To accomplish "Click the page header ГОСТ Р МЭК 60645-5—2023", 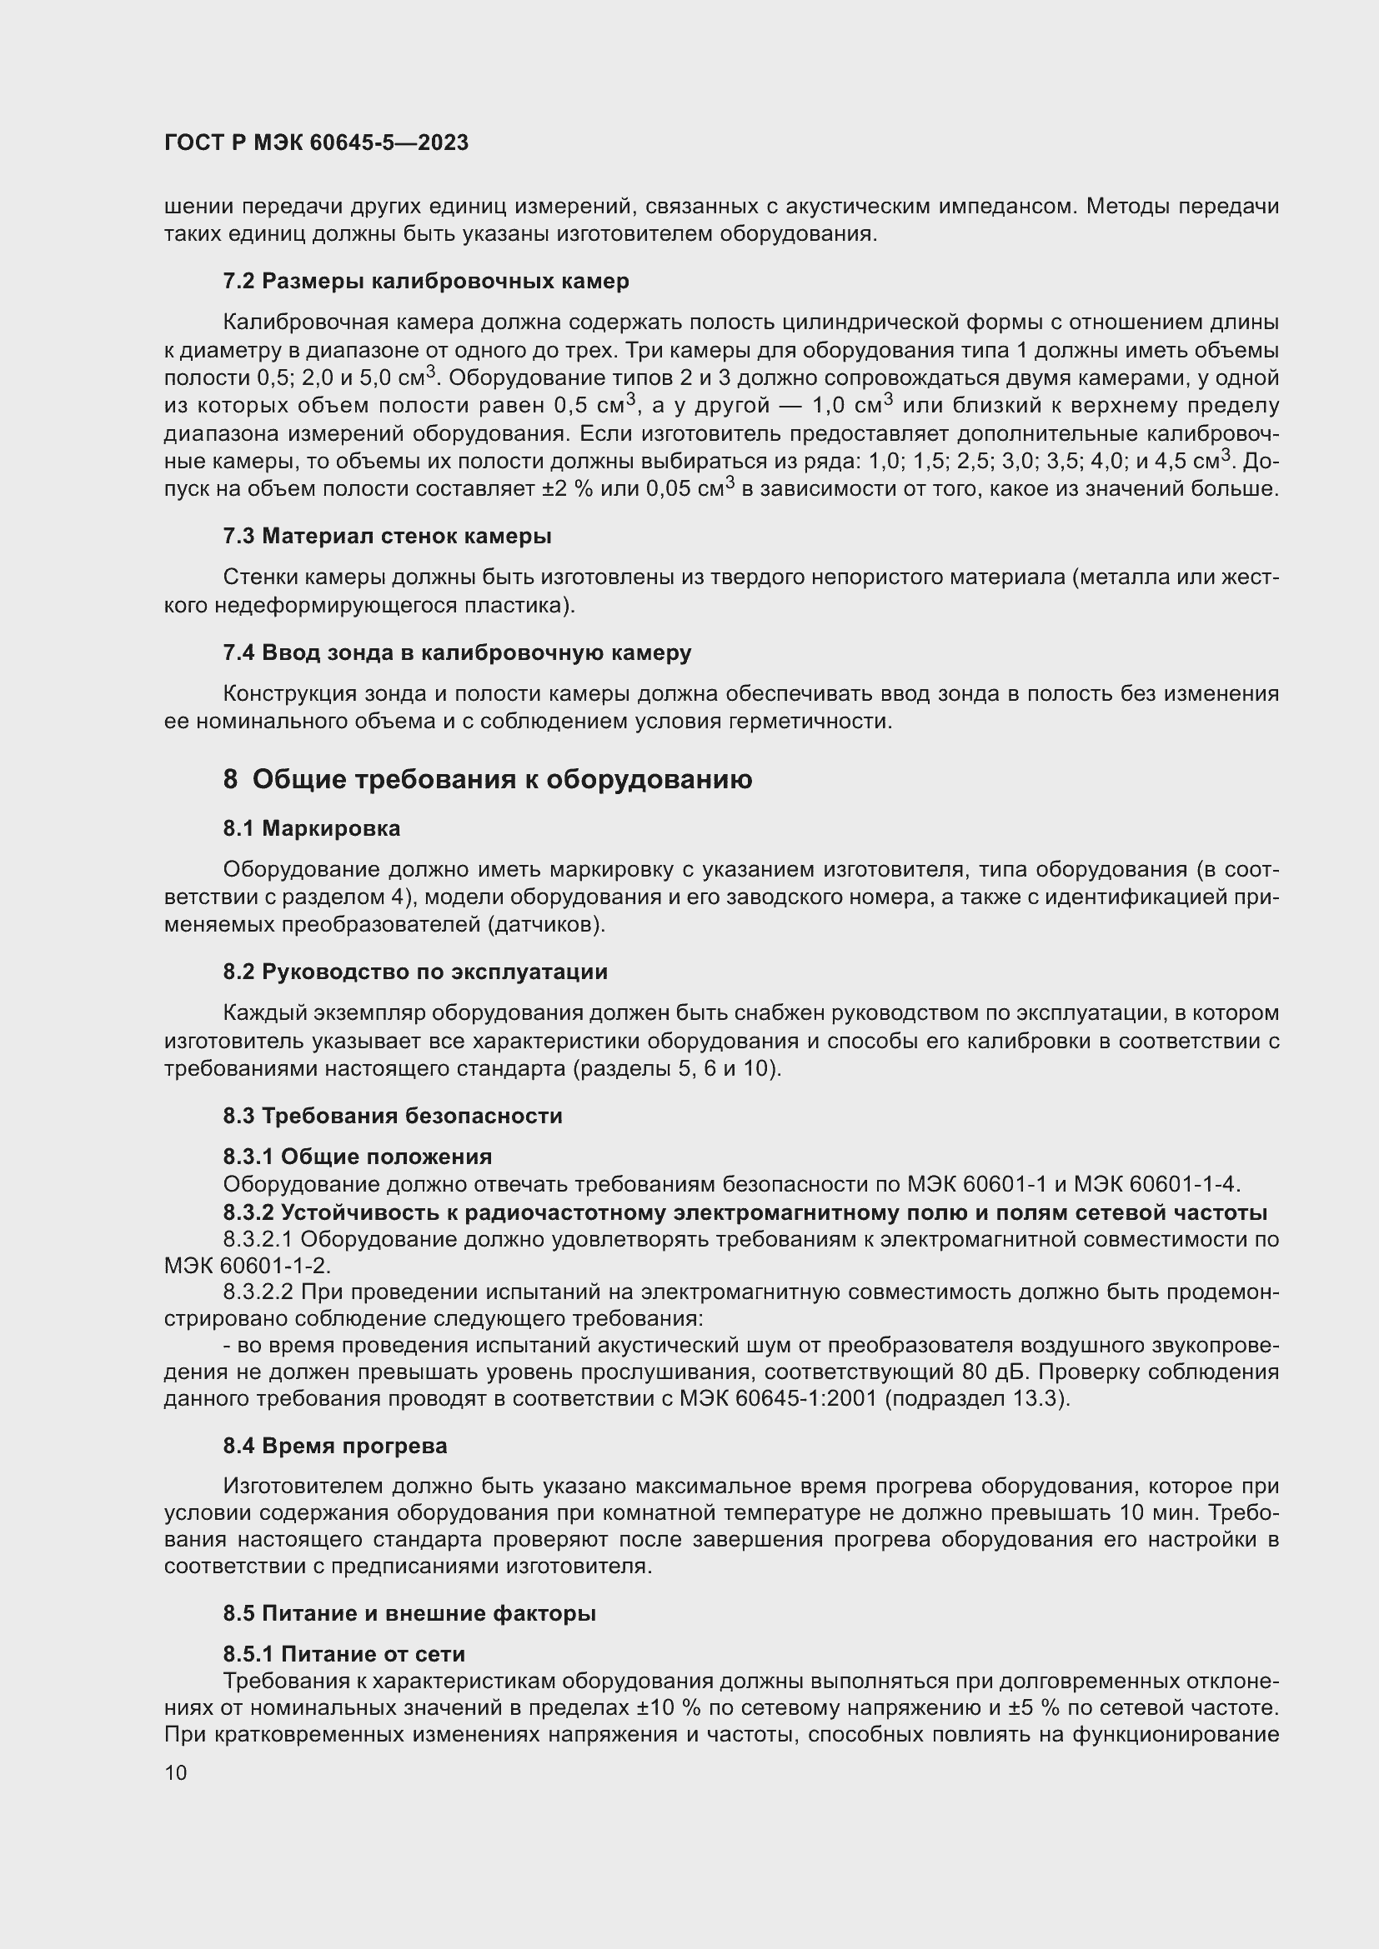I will tap(316, 142).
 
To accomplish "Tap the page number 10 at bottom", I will tap(176, 1772).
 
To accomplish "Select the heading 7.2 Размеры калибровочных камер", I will tap(425, 281).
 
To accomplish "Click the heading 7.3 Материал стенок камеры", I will tap(386, 536).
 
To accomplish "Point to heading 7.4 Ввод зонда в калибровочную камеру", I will tap(457, 652).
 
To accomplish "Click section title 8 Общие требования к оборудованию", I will tap(488, 778).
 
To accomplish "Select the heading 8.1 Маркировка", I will tap(311, 827).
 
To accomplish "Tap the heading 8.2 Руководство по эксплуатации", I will tap(415, 971).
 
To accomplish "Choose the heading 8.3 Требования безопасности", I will tap(393, 1115).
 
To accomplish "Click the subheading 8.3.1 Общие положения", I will tap(358, 1157).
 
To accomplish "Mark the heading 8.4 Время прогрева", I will tap(334, 1445).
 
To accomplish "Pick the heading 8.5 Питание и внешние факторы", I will tap(409, 1613).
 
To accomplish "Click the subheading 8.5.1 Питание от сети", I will tap(343, 1653).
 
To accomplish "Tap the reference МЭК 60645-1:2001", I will tap(778, 1398).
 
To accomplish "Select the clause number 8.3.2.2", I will tap(258, 1292).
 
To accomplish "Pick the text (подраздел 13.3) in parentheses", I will tap(976, 1398).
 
